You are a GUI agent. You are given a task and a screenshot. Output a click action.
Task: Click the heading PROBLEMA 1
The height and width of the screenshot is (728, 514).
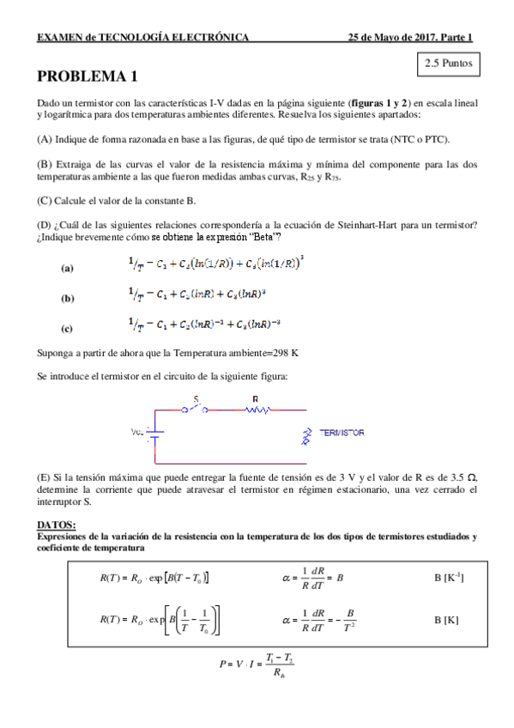[87, 76]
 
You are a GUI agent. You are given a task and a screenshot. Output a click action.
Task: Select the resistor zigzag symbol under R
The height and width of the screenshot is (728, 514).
[256, 410]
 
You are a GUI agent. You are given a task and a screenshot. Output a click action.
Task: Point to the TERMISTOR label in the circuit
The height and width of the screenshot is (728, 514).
[342, 433]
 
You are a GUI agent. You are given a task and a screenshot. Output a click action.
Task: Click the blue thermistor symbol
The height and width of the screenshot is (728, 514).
[303, 434]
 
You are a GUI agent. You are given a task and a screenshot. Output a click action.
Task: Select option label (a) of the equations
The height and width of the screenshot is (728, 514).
[68, 268]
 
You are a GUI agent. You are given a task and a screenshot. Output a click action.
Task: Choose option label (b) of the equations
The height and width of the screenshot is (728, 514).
[68, 298]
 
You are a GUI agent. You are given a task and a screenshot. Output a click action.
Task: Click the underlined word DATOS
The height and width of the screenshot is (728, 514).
[57, 525]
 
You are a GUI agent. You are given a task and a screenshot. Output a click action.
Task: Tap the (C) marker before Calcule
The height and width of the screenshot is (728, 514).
[45, 201]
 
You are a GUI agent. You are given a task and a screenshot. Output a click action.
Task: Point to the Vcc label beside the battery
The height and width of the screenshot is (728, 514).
[136, 433]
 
